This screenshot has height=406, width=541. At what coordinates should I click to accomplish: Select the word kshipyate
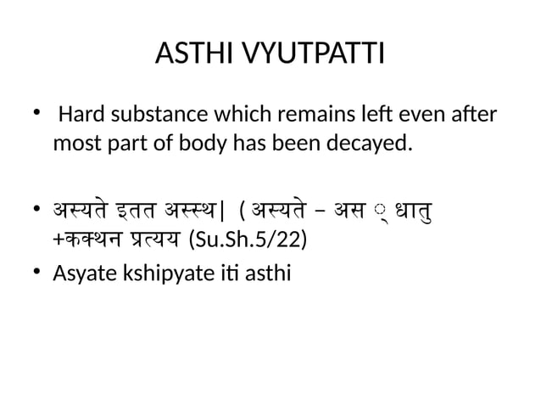point(171,274)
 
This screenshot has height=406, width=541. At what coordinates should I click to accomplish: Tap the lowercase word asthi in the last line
point(265,273)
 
